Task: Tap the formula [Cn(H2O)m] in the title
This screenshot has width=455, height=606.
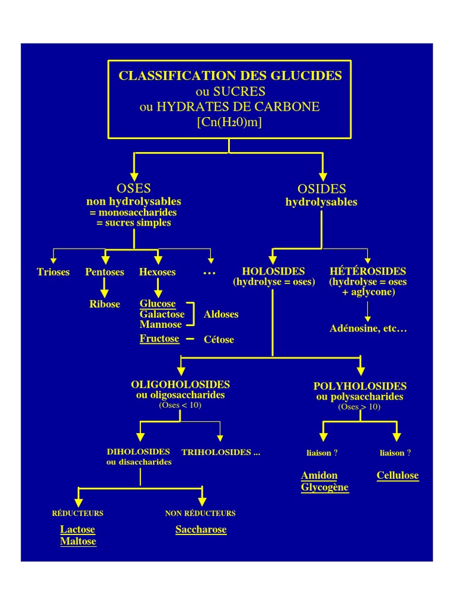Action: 229,122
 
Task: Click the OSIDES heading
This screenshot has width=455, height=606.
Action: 321,189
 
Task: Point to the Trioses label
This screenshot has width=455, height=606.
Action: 53,272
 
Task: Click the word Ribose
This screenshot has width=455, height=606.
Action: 105,304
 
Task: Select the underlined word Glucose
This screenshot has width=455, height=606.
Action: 158,304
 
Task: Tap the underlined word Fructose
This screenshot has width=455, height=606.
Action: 159,339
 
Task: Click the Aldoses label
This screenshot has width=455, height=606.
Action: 221,314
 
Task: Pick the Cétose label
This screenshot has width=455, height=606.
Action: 219,340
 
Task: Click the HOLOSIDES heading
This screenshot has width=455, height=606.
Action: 273,272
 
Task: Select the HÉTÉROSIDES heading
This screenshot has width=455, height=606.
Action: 368,272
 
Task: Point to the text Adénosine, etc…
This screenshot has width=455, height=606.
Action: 368,328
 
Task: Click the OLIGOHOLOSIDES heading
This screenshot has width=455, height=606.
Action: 180,385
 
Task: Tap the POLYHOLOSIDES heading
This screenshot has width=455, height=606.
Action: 360,386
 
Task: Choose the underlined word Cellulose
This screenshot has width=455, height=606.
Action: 398,476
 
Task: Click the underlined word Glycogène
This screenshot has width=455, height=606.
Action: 325,488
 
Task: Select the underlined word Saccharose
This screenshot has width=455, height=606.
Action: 201,530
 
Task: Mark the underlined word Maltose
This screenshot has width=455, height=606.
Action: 78,541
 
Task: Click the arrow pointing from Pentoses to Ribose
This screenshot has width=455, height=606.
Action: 105,288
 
